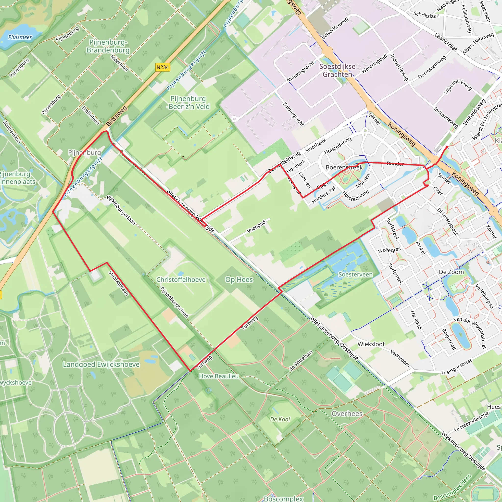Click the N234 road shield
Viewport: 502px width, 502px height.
163,67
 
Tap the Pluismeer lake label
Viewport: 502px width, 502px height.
20,37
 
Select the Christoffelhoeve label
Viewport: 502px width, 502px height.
181,280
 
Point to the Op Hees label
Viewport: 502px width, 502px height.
239,280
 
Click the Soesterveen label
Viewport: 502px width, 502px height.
355,274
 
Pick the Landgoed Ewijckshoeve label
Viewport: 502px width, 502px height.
101,364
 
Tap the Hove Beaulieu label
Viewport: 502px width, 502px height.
219,376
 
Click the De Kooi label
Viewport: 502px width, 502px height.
280,419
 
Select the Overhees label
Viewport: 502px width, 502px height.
347,414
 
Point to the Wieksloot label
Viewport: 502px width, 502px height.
371,344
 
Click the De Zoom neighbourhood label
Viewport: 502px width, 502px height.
451,272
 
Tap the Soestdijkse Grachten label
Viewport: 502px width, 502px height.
337,70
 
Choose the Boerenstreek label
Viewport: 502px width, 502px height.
344,167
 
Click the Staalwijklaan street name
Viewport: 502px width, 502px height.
119,283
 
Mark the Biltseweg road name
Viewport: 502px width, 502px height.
117,116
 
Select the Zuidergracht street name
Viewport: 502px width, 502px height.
293,114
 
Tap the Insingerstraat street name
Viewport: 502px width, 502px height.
456,367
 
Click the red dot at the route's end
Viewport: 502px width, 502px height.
447,147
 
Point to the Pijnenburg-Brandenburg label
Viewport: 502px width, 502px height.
108,46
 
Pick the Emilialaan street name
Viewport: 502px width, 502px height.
91,115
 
